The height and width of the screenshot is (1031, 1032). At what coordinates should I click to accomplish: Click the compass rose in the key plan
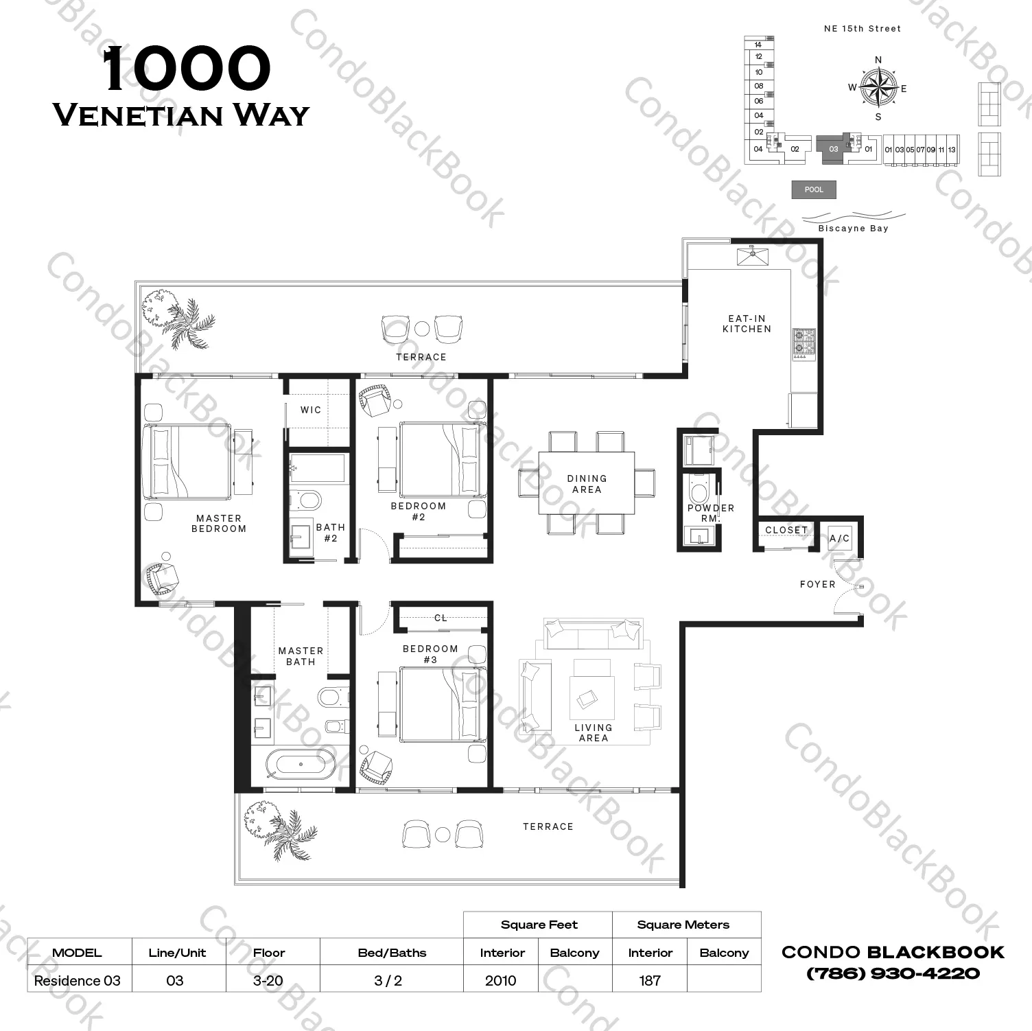pos(878,88)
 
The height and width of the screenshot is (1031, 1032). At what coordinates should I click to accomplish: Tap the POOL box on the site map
pos(814,189)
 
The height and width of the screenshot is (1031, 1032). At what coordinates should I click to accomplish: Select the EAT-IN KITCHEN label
pos(747,324)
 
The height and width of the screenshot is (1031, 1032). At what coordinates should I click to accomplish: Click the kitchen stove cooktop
pos(804,343)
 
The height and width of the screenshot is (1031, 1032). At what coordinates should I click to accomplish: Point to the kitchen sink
pos(753,257)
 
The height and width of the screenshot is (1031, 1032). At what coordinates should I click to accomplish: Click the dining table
pos(587,483)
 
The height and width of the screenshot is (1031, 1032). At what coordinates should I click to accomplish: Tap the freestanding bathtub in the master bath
pos(301,764)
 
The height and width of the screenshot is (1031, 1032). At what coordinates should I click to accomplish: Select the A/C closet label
pos(839,539)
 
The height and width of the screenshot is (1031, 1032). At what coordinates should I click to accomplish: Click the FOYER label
pos(817,584)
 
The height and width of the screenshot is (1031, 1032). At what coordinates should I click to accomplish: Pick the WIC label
pos(311,410)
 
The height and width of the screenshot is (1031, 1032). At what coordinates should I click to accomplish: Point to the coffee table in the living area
pos(591,698)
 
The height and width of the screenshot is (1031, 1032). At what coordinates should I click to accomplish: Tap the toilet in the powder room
pos(699,490)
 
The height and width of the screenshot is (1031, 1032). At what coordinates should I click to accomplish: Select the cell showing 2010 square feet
pos(501,980)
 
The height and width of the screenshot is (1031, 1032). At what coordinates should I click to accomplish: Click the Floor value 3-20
pos(268,980)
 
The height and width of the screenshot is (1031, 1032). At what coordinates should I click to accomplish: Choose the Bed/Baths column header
pos(392,953)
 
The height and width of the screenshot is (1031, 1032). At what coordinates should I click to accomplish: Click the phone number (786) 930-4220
pos(893,973)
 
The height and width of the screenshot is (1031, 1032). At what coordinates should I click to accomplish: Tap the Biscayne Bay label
pos(853,229)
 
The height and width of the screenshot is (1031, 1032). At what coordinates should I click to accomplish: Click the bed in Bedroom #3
pos(443,704)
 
